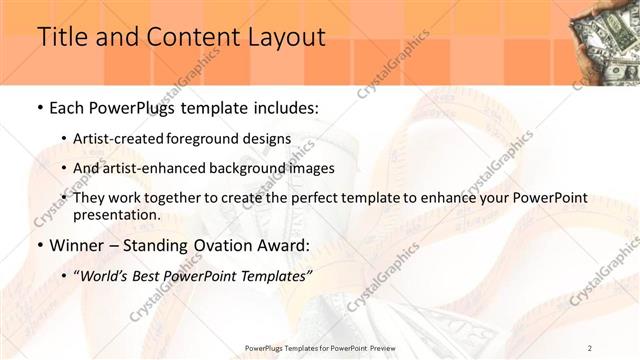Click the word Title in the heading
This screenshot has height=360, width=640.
(61, 37)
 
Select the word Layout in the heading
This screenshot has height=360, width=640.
(286, 37)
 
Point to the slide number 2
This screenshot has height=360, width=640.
(590, 348)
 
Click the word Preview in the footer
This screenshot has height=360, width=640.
(379, 348)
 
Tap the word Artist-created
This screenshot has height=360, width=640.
(120, 138)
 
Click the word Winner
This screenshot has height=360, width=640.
(77, 245)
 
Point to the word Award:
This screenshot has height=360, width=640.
(285, 245)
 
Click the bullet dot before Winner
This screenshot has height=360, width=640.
(39, 245)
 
